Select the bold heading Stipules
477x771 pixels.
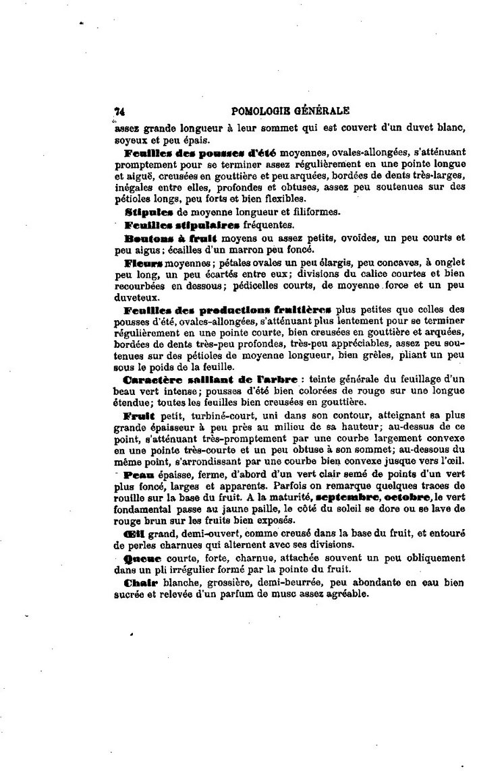pos(146,211)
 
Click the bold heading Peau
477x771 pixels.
pos(138,475)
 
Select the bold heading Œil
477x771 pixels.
pos(132,532)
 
